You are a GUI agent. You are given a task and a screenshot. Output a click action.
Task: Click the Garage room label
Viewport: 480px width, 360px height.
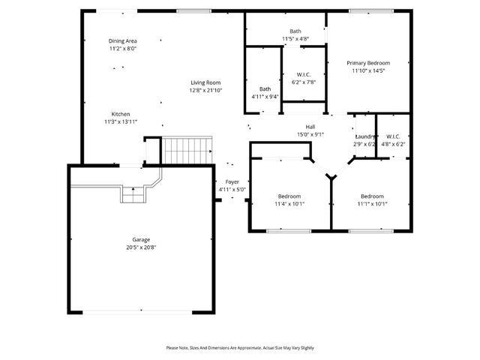click(141, 239)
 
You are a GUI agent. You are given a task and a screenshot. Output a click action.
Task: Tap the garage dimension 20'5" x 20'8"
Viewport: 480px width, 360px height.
click(141, 247)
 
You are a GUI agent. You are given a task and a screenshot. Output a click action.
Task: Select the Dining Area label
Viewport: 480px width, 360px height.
click(122, 40)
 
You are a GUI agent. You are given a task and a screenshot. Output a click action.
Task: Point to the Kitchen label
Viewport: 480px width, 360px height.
click(121, 114)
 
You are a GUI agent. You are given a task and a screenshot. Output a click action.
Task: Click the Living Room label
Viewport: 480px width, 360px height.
click(205, 82)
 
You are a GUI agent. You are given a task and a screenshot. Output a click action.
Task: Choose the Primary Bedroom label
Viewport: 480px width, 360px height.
click(368, 63)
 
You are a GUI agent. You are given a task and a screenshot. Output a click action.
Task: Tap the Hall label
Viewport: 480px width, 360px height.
click(310, 126)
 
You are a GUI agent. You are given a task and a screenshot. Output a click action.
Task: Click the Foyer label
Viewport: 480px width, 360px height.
click(232, 182)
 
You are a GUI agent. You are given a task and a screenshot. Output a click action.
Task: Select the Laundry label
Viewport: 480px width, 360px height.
click(364, 136)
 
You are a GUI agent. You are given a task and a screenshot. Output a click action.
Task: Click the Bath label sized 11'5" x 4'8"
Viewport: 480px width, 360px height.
click(295, 31)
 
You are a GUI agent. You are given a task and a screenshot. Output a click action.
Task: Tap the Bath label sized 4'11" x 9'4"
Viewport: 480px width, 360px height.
click(265, 88)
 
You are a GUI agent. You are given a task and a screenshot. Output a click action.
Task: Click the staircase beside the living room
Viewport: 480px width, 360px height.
click(187, 149)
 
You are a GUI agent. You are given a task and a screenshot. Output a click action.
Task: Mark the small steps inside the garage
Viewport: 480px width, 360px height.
click(133, 195)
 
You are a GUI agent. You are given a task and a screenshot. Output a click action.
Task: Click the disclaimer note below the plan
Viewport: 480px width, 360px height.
click(240, 348)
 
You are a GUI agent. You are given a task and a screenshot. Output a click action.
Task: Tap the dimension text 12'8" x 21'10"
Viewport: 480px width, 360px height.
click(205, 90)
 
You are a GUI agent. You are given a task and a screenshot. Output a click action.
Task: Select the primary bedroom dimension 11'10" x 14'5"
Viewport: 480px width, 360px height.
click(368, 71)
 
